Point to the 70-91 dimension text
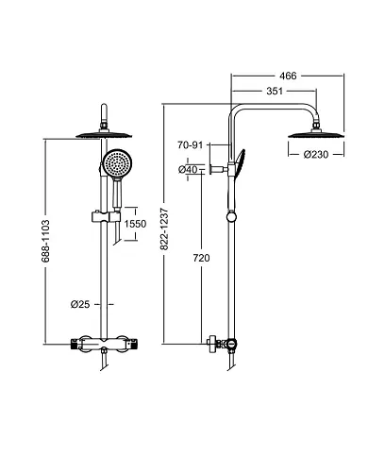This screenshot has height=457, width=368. pos(191,145)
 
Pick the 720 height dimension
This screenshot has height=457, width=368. pos(200,258)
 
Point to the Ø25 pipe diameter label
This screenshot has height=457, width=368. pos(80,303)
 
